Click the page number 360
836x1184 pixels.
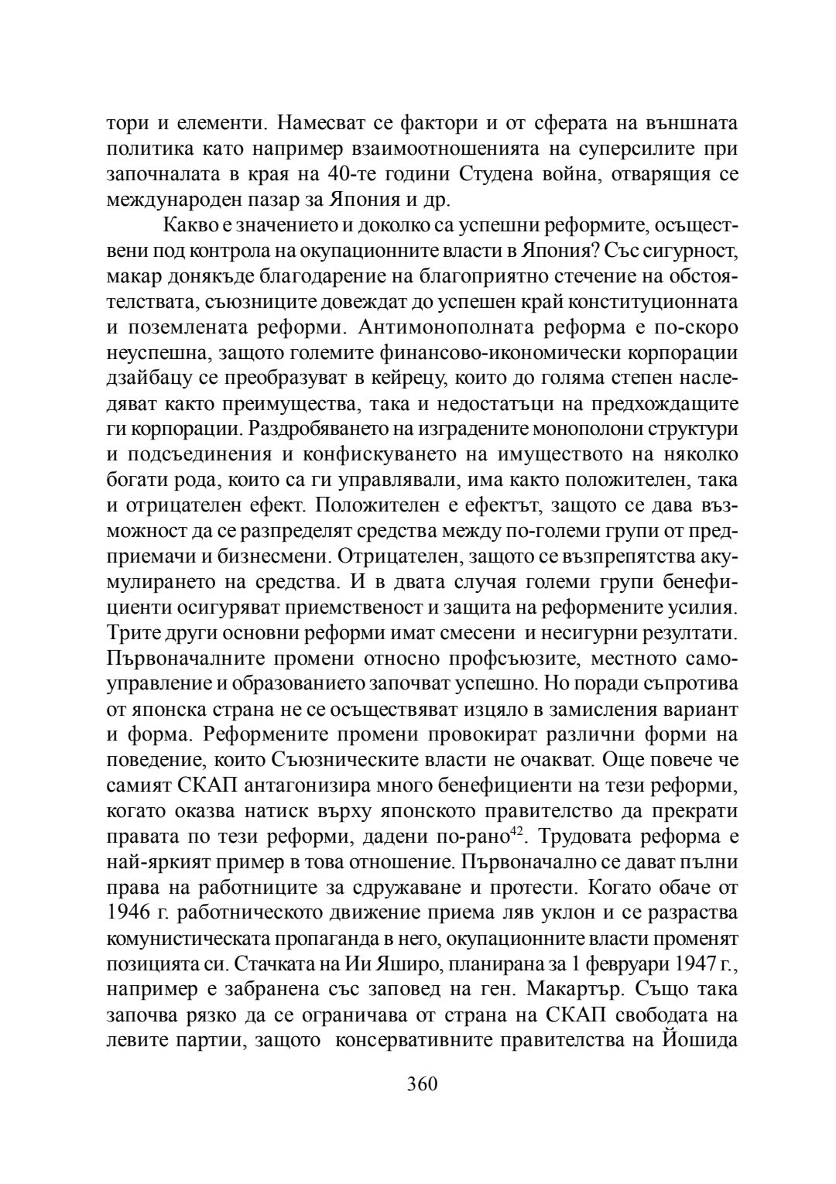(423, 1083)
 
